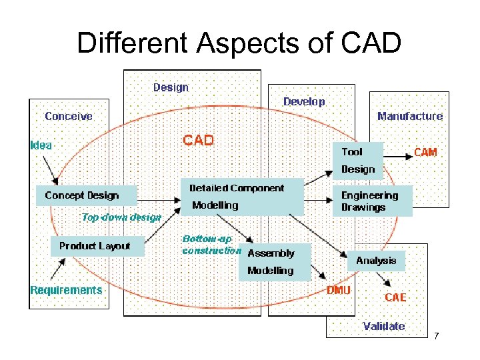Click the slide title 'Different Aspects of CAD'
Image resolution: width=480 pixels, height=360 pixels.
tap(239, 43)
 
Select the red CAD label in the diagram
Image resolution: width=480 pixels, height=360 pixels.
tap(199, 140)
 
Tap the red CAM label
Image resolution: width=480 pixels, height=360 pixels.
tap(425, 152)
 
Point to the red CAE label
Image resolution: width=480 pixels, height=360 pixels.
tap(395, 297)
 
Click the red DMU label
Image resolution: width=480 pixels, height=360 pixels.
tap(339, 291)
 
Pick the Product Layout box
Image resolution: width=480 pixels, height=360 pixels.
tap(95, 246)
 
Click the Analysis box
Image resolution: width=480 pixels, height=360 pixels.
tap(376, 261)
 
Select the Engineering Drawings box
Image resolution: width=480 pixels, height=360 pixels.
tap(371, 201)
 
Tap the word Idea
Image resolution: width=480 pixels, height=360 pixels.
tap(41, 144)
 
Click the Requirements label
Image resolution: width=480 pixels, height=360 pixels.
tap(66, 290)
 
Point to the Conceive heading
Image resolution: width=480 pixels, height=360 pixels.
tap(69, 116)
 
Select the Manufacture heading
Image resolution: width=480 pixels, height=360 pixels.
tap(409, 116)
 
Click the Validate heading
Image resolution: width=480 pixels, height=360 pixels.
tap(383, 326)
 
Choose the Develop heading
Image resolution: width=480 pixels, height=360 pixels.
tap(304, 101)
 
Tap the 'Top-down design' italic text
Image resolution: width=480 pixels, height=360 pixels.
tap(121, 217)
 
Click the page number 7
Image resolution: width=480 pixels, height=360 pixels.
tap(436, 335)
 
